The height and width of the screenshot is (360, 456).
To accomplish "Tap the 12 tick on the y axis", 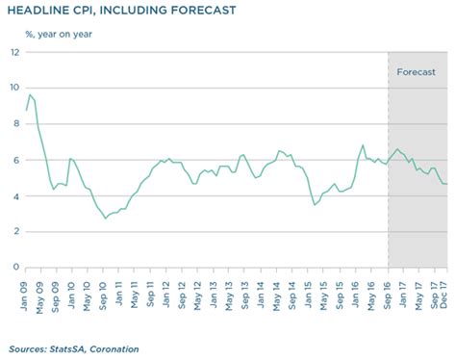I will click(x=14, y=52).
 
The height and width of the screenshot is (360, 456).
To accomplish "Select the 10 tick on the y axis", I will click(x=14, y=88).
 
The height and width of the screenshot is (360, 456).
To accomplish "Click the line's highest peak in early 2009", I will click(x=31, y=94).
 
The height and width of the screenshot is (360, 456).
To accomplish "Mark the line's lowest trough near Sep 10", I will click(x=106, y=219).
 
